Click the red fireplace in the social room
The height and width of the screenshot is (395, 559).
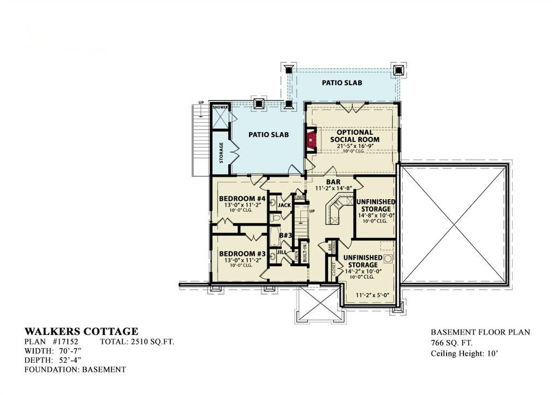coord(311,139)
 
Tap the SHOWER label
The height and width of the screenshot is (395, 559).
coord(220,107)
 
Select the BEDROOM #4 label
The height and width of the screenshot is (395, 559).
coord(242,198)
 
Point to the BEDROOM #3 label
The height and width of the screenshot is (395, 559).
coord(242,254)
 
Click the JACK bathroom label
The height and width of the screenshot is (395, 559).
coord(284,205)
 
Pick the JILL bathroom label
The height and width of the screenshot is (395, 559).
coord(282,252)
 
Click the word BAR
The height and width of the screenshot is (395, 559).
coord(333,182)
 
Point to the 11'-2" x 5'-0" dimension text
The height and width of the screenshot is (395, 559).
coord(371,295)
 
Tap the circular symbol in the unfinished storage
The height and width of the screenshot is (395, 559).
coord(388,258)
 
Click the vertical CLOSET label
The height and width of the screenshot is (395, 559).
coord(334,270)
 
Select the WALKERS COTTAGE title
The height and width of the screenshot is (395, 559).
coord(81,331)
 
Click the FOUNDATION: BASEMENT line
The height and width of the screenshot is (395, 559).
coord(75,369)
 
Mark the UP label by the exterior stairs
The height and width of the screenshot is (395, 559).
coord(201,103)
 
